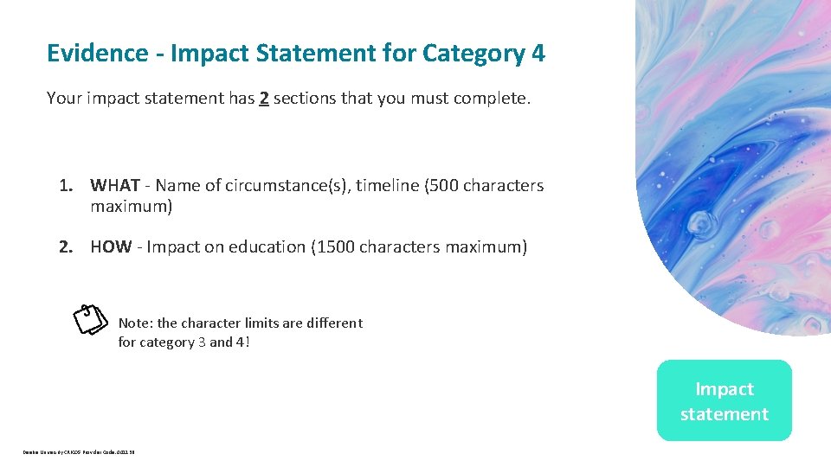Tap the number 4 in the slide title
(x=538, y=54)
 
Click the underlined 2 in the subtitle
(x=263, y=99)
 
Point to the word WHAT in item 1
(x=115, y=185)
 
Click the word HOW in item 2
(x=111, y=247)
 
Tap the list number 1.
(x=64, y=185)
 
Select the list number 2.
(x=64, y=247)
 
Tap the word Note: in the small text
(x=135, y=323)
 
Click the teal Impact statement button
(x=724, y=401)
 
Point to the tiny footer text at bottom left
(x=79, y=451)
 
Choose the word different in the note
(x=333, y=323)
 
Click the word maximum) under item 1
(x=132, y=207)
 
